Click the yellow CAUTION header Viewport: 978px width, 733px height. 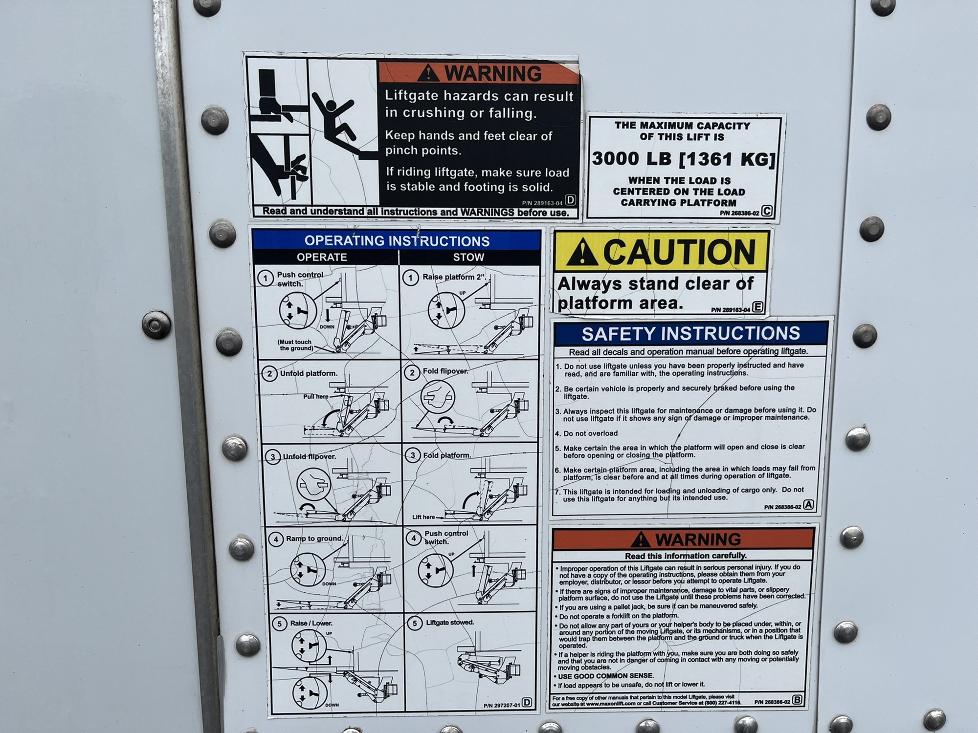point(661,251)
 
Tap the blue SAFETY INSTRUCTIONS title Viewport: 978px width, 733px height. point(690,333)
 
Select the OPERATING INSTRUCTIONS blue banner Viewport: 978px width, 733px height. point(397,240)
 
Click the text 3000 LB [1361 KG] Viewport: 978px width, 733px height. point(684,159)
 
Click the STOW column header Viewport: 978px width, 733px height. point(468,257)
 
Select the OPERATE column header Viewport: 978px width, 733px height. point(321,257)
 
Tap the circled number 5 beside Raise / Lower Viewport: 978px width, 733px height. point(279,625)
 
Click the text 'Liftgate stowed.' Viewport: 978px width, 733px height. point(450,623)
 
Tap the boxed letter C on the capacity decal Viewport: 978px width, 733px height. point(767,211)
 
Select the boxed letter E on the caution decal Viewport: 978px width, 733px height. point(757,307)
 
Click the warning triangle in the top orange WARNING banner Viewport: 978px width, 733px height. point(428,73)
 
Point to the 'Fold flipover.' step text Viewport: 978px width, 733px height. point(445,371)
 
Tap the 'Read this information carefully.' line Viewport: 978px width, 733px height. point(686,556)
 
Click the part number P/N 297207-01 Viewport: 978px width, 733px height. point(502,705)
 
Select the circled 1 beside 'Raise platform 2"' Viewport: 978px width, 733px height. point(410,278)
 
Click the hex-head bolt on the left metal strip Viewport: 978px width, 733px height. point(156,325)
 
